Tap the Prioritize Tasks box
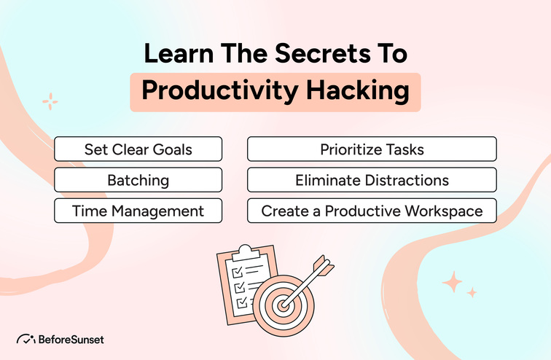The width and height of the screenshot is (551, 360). pyautogui.click(x=372, y=149)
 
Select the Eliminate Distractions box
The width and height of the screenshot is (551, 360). pyautogui.click(x=372, y=180)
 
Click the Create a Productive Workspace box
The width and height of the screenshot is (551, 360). pyautogui.click(x=372, y=211)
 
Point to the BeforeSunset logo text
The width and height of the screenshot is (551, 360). pyautogui.click(x=71, y=339)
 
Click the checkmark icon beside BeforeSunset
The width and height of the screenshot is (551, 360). pyautogui.click(x=26, y=339)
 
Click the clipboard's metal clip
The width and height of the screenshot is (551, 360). pyautogui.click(x=244, y=251)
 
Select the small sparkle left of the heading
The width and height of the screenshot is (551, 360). pyautogui.click(x=50, y=101)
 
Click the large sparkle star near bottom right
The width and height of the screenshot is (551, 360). pyautogui.click(x=451, y=281)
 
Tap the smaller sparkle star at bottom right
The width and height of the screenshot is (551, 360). pyautogui.click(x=472, y=292)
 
